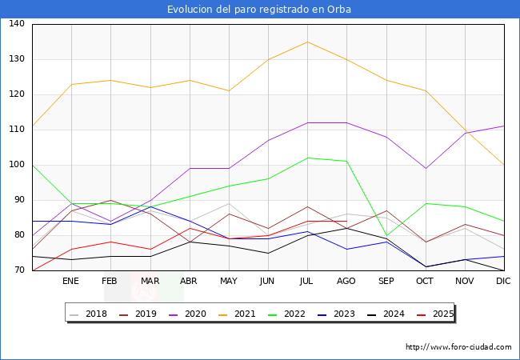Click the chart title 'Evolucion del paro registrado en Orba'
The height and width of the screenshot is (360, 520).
pos(259,10)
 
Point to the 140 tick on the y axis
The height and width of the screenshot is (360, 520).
pos(17,24)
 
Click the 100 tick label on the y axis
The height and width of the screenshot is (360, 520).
pos(17,165)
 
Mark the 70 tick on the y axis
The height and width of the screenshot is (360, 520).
pos(17,270)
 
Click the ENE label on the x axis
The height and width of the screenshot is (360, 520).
pos(71,282)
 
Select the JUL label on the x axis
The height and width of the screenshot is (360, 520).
pos(306,282)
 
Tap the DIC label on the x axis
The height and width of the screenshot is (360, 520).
pos(503,282)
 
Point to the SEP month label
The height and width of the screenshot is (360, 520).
pos(386,282)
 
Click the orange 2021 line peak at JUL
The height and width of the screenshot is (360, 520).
pos(307,42)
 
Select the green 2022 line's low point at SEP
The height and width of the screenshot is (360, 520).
pos(386,236)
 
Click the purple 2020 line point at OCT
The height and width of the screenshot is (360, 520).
pos(425,168)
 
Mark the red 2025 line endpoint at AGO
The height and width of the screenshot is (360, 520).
pos(346,221)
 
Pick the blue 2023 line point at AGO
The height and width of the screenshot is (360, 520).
pos(346,249)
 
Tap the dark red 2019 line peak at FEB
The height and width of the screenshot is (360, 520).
pos(110,200)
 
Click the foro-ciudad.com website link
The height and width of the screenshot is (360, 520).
pos(458,347)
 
